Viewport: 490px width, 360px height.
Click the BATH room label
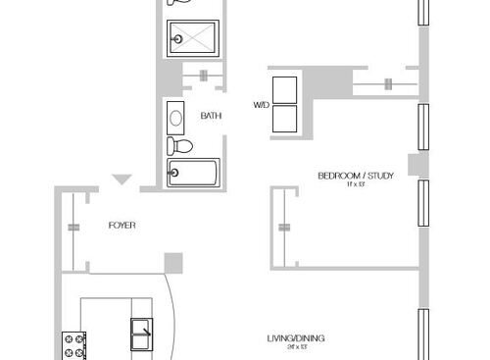coord(211,116)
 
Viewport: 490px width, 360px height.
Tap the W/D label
coord(261,103)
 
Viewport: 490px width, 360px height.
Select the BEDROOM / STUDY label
coord(356,176)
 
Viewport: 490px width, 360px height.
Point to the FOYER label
coord(122,226)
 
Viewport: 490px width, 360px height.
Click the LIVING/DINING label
coord(295,338)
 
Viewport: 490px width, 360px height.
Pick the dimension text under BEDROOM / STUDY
coord(355,185)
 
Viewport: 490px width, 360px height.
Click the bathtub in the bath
coord(193,173)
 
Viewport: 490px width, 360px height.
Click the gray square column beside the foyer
coord(173,262)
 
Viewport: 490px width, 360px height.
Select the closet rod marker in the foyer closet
coord(73,227)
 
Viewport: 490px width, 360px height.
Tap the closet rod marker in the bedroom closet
coord(283,228)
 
